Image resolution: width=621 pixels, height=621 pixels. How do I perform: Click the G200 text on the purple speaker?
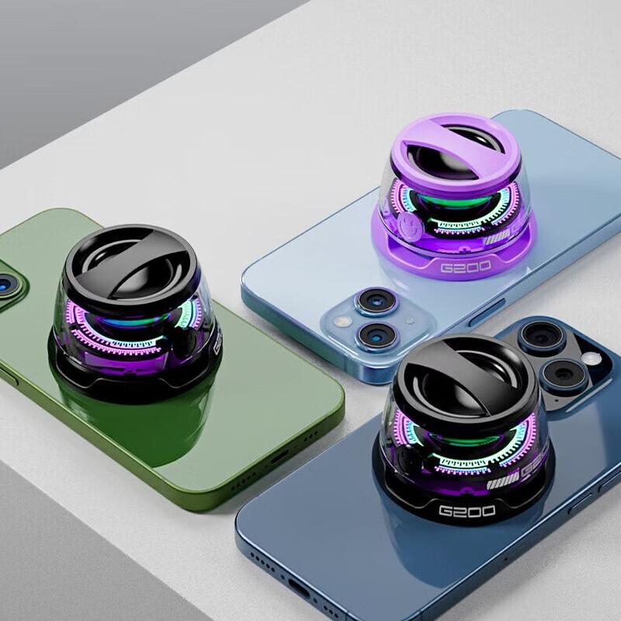point(465,267)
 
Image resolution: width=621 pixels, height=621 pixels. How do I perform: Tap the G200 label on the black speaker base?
point(467,511)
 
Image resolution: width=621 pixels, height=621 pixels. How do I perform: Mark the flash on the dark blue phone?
point(592,359)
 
